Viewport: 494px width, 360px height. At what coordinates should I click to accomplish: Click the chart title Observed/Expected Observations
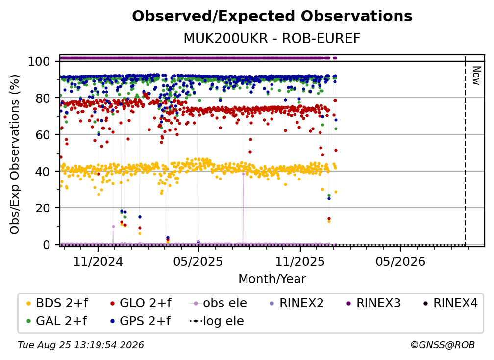click(x=272, y=16)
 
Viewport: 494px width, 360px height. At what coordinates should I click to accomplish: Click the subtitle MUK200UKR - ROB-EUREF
click(x=272, y=39)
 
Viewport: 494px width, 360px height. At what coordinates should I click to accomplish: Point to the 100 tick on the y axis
click(x=39, y=61)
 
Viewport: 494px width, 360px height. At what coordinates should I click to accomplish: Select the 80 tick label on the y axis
click(x=43, y=98)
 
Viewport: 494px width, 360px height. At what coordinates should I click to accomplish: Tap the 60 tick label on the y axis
click(x=43, y=134)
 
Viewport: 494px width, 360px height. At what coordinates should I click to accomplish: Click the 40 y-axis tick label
click(x=43, y=172)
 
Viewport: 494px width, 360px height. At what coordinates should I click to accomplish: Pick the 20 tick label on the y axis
click(x=43, y=208)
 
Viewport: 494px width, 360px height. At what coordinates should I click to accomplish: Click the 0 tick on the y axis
click(x=47, y=245)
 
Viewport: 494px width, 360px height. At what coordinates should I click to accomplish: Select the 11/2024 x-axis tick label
click(x=98, y=261)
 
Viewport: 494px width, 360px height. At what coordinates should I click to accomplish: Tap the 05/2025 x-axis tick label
click(x=198, y=261)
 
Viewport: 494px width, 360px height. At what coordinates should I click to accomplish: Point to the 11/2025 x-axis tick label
click(x=300, y=261)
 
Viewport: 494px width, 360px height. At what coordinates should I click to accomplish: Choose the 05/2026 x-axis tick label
click(x=400, y=261)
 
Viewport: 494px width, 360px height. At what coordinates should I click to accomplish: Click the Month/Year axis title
click(x=272, y=279)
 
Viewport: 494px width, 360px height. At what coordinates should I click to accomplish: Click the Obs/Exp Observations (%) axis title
click(x=15, y=154)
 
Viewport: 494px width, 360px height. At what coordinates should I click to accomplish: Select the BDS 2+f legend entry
click(x=57, y=303)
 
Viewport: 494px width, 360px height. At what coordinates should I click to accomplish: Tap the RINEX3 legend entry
click(x=373, y=303)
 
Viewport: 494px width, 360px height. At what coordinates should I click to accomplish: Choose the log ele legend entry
click(x=217, y=321)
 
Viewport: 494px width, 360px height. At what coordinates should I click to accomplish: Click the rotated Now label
click(x=476, y=76)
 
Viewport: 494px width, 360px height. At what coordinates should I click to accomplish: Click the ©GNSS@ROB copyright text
click(x=443, y=345)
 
